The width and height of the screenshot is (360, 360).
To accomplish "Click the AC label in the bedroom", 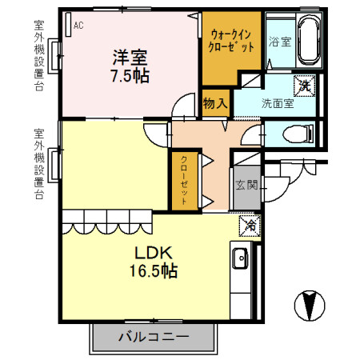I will [78, 26].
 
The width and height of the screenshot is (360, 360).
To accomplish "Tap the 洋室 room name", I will [130, 58].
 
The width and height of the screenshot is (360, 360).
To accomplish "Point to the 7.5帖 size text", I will [130, 76].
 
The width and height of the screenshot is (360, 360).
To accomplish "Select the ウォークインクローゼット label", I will [232, 41].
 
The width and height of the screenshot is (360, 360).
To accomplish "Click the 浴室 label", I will [279, 42].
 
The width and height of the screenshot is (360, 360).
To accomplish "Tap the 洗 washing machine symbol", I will [304, 82].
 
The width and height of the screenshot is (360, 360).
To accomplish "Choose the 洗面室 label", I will [278, 103].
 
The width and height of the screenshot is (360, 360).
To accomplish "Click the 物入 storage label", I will [215, 104].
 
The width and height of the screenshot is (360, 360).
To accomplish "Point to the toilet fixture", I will [297, 133].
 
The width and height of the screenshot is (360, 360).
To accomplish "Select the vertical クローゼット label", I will [184, 181].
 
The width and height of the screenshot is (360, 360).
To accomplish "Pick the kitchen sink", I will [240, 259].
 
